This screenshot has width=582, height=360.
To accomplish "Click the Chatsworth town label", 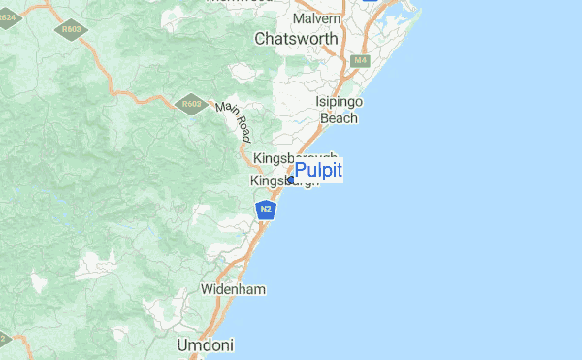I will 296,39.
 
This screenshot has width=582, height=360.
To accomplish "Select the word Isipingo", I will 338,101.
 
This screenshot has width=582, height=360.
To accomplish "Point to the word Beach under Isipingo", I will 339,117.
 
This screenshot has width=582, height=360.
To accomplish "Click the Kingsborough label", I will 294,158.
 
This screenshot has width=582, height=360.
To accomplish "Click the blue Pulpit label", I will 318,171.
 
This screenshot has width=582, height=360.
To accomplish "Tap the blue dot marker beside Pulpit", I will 290,180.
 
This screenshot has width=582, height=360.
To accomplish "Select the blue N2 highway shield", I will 266,209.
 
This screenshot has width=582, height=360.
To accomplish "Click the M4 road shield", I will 361,60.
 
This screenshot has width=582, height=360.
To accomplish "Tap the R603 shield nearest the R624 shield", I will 71,30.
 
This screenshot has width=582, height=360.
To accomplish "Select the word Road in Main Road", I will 239,126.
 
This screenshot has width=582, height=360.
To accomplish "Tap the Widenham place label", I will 233,289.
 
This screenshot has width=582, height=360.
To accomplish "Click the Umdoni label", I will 205,344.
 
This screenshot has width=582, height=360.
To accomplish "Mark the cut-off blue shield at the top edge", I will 371,2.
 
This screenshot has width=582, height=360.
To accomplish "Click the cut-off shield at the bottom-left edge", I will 3,339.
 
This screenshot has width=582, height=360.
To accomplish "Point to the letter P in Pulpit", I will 300,171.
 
